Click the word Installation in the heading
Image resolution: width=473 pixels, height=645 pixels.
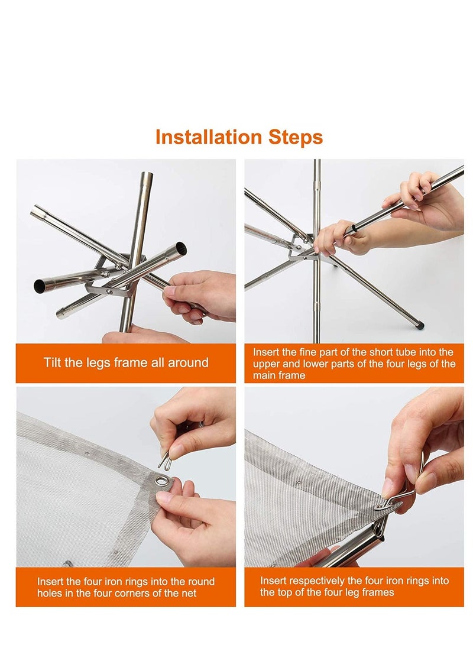pyautogui.click(x=209, y=137)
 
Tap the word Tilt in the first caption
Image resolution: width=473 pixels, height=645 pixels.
pyautogui.click(x=52, y=362)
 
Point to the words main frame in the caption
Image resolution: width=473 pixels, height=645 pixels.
pyautogui.click(x=279, y=375)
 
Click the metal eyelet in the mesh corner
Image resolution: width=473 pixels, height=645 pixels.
pyautogui.click(x=164, y=480)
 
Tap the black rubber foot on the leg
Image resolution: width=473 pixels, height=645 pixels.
pyautogui.click(x=419, y=326)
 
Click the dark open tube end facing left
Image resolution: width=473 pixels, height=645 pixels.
pyautogui.click(x=40, y=284)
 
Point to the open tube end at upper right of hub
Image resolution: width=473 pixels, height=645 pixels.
pyautogui.click(x=180, y=248)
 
